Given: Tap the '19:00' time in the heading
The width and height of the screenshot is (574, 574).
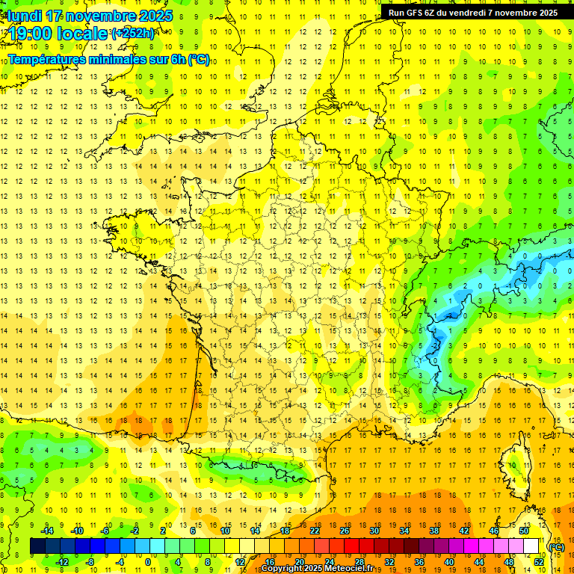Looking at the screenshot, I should click(31, 34).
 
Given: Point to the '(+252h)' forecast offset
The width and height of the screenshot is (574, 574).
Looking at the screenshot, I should click(134, 34).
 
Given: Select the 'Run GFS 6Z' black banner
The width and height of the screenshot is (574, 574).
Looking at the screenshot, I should click(472, 12).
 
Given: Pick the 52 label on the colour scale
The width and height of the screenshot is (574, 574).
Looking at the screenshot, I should click(538, 561).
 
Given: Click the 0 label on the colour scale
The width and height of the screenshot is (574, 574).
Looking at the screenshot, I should click(148, 561).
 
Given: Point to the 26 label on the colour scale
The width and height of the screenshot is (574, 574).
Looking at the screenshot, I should click(345, 530).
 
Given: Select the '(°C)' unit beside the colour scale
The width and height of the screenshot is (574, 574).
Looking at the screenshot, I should click(556, 546).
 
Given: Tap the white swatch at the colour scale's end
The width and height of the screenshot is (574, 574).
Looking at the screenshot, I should click(531, 546).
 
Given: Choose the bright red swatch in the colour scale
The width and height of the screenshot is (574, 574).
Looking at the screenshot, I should click(351, 546).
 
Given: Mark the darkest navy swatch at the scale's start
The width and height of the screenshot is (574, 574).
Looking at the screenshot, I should click(37, 546).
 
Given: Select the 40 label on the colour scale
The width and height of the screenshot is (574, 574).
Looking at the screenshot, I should click(448, 561).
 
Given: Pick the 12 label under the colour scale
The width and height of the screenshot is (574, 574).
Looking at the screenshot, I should click(240, 561).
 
